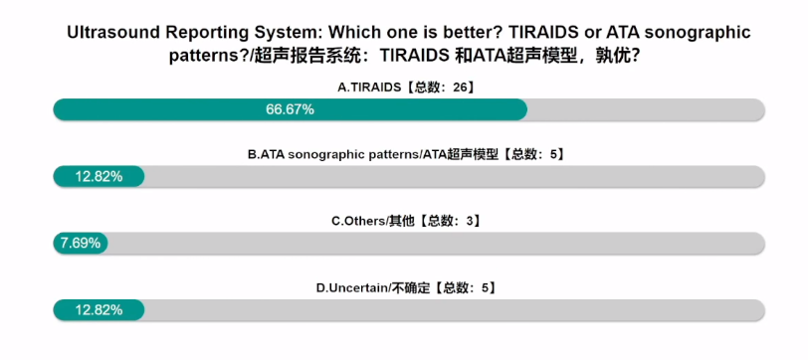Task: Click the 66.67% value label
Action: (x=290, y=109)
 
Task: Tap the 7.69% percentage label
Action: (x=81, y=243)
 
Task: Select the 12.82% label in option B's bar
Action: (x=99, y=177)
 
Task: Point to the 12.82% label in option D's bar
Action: (x=99, y=310)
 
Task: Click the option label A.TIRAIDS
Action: (x=369, y=88)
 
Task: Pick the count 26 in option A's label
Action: (x=460, y=88)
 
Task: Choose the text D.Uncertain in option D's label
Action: (x=351, y=287)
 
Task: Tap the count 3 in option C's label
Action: (x=470, y=222)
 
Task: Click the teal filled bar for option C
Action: (x=81, y=243)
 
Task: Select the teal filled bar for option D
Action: (x=99, y=310)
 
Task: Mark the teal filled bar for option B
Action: (x=99, y=177)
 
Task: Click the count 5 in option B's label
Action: (x=553, y=154)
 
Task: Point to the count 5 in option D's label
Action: (x=485, y=287)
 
